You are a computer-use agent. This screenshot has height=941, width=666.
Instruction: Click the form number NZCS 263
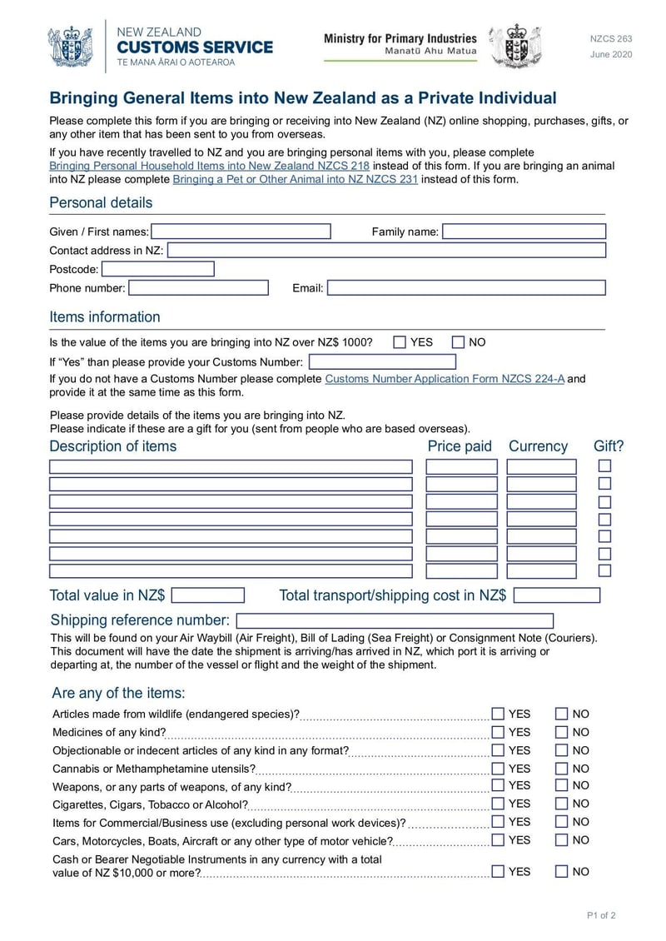[611, 39]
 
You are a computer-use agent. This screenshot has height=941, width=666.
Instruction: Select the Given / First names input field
[241, 232]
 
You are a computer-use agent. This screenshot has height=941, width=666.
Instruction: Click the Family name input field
[524, 232]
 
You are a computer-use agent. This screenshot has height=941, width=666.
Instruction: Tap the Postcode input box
[158, 269]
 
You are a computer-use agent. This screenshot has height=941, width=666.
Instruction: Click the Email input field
[466, 288]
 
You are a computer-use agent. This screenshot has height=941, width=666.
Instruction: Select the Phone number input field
[199, 288]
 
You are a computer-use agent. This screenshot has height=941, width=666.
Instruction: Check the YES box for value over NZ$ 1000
[400, 342]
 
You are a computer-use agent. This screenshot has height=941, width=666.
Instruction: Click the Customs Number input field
[382, 362]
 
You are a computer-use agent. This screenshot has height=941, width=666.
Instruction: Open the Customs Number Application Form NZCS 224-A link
[445, 379]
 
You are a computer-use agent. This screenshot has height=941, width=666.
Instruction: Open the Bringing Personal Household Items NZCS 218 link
[209, 166]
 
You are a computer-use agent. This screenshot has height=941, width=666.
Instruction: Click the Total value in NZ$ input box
[208, 595]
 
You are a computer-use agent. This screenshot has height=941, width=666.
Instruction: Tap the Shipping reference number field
[395, 620]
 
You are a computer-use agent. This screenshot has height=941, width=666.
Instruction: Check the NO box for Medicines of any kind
[562, 733]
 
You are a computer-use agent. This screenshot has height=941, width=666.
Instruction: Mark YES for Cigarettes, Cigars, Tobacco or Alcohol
[498, 804]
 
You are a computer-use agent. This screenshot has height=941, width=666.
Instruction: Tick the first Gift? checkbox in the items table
[605, 466]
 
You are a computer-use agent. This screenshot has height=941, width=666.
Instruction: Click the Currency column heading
[538, 446]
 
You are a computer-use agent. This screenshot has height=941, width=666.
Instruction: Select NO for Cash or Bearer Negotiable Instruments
[562, 872]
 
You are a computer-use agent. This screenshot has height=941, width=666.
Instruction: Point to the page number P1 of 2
[601, 916]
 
